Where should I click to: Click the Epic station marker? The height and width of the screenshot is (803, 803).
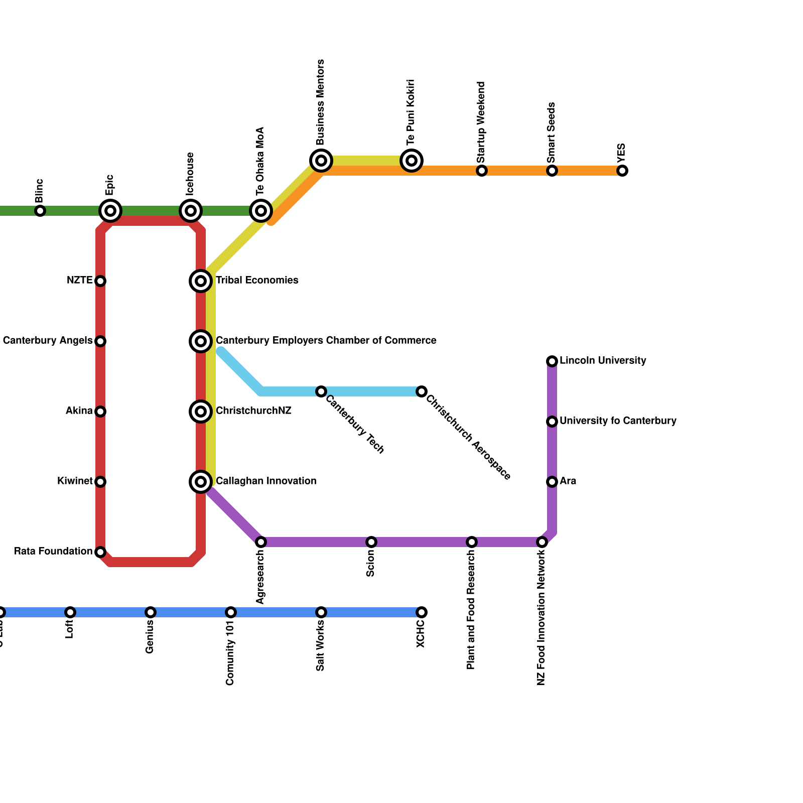(x=110, y=211)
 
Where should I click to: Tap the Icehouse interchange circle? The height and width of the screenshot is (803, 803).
(x=191, y=211)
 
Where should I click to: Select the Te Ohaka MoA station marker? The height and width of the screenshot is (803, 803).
(x=261, y=211)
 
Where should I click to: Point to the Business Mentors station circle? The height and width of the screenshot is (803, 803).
(x=321, y=161)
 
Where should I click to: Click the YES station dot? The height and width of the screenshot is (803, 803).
(x=622, y=171)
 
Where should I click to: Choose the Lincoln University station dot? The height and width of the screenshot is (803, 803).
(x=552, y=361)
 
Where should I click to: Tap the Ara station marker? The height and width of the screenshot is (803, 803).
(x=552, y=482)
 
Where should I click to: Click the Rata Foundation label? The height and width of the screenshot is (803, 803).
(x=53, y=552)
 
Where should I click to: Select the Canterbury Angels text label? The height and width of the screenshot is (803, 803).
(x=48, y=341)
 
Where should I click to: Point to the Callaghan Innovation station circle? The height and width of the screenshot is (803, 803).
(x=201, y=482)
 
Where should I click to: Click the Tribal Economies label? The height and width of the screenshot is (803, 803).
(x=257, y=281)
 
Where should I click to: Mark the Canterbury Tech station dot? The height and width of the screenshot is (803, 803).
(x=321, y=391)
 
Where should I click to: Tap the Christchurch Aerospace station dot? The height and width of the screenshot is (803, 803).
(x=422, y=391)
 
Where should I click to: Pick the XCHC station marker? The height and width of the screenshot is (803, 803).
(x=422, y=612)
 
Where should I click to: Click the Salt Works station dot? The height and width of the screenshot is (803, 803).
(x=321, y=612)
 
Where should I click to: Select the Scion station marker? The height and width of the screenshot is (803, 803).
(x=371, y=542)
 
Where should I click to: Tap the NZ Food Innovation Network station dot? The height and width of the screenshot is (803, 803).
(x=542, y=542)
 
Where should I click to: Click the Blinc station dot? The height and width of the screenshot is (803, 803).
(x=40, y=211)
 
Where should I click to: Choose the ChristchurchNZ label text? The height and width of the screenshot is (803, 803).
(x=253, y=411)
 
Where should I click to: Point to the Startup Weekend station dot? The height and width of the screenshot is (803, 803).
(x=482, y=171)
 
